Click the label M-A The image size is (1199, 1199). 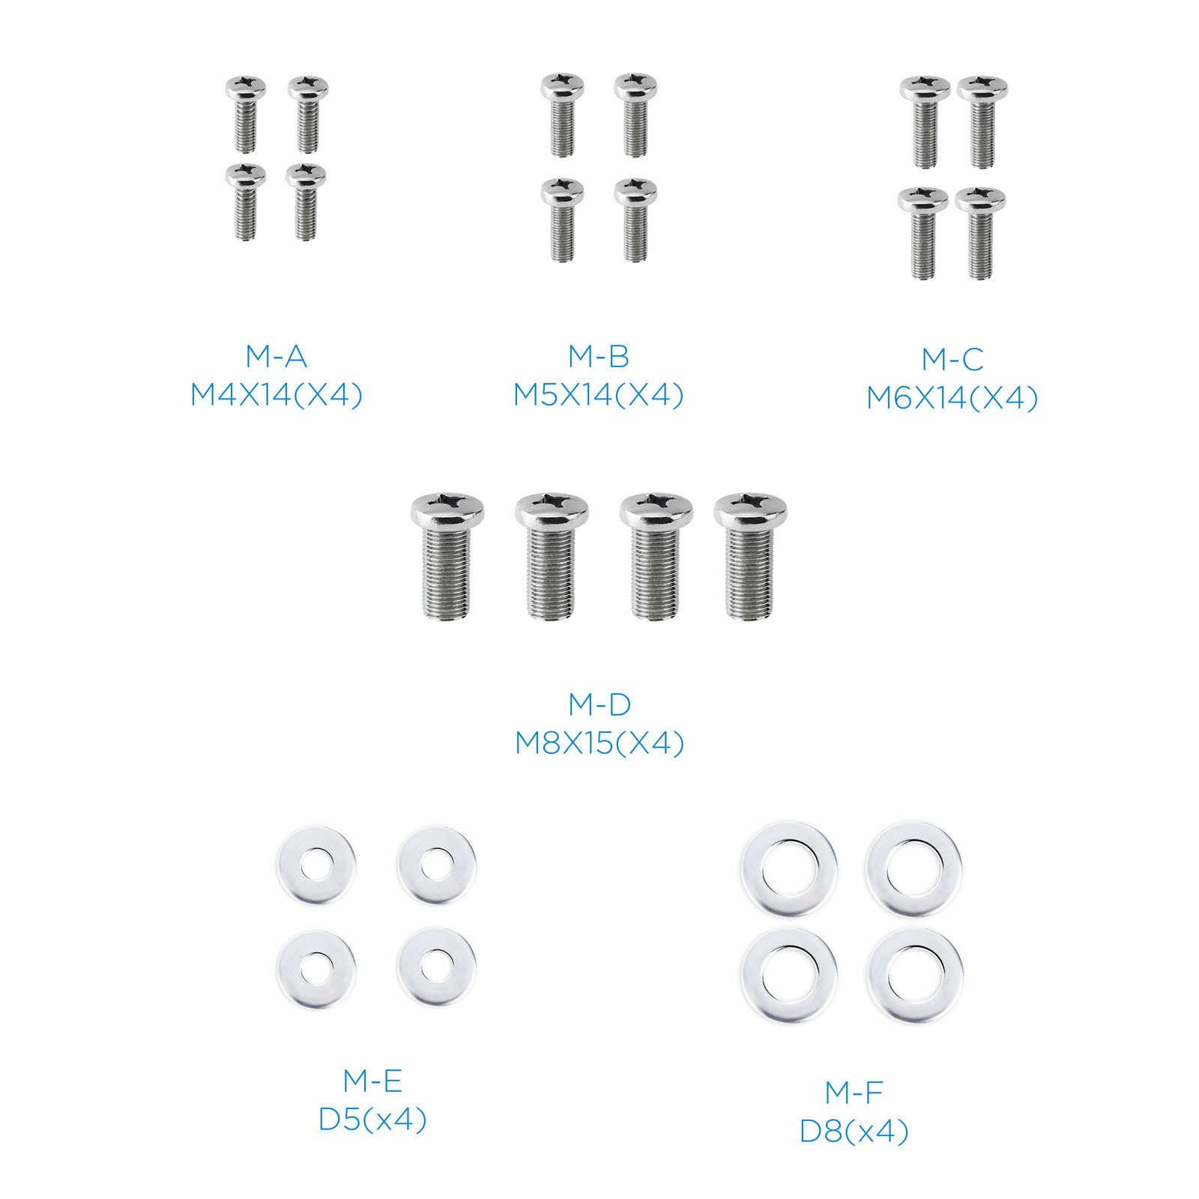276,357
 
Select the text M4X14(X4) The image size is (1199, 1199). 276,395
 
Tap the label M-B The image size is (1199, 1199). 598,357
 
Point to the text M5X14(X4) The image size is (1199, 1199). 598,395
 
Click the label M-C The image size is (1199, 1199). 952,360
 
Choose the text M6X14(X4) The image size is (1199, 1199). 952,398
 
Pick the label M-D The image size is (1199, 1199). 599,704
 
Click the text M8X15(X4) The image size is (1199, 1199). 599,743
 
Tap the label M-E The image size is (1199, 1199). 372,1081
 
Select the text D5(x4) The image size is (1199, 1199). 372,1120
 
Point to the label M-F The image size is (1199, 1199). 854,1093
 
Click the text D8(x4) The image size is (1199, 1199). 854,1132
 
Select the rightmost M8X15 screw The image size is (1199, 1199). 750,556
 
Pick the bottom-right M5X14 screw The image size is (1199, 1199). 635,220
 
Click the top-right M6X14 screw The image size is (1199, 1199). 982,121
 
